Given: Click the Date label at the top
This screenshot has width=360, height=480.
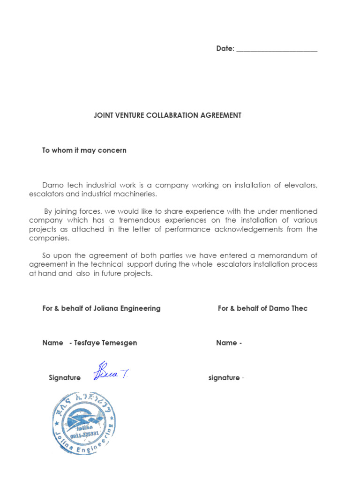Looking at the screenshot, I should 225,49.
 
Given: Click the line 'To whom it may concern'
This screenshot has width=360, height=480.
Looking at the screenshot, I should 84,150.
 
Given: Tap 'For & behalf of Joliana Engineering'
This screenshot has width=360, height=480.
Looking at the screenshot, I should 101,308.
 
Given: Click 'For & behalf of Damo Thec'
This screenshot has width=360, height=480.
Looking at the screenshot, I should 262,308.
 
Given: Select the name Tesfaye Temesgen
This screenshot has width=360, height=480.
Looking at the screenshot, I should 105,343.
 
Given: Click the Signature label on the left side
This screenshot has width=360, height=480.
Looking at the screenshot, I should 65,378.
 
